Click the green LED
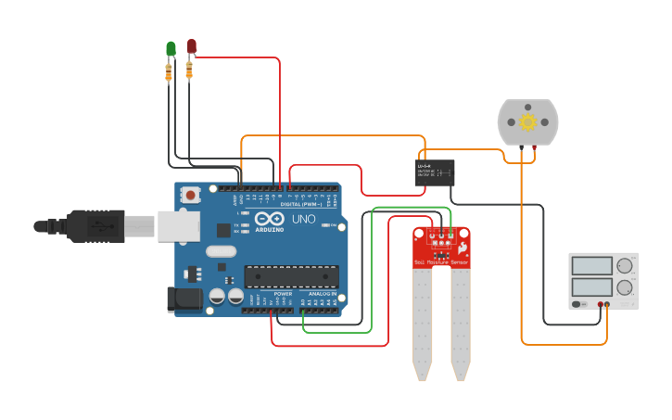pos(171,48)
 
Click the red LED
pos(192,45)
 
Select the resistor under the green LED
pos(169,70)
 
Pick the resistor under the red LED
pos(190,70)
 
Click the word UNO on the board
pos(304,221)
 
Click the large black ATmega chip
pos(291,275)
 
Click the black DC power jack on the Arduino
pos(183,299)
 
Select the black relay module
pos(434,172)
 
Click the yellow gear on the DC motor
pos(528,122)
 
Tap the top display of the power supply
pos(591,265)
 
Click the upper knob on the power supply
pos(625,265)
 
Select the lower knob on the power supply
pos(625,288)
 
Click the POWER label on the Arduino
pos(283,293)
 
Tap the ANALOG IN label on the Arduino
pos(322,293)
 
